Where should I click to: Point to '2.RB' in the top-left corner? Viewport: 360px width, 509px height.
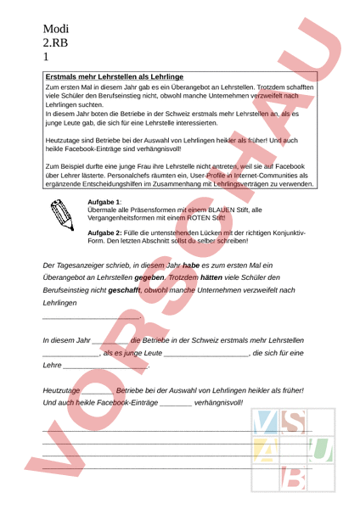57,42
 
